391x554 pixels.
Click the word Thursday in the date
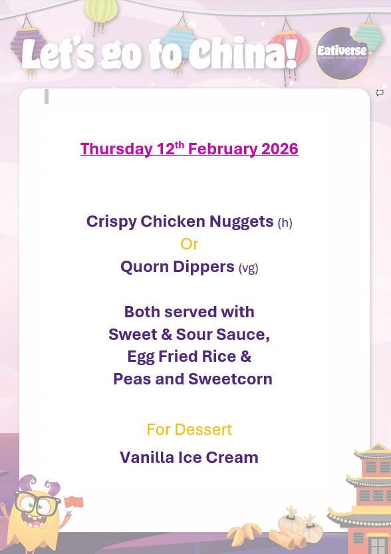click(117, 149)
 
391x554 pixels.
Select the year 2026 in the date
click(279, 149)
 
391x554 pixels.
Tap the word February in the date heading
click(222, 149)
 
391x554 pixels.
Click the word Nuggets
click(241, 221)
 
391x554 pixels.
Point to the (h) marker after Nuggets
click(285, 223)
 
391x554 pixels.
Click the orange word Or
click(190, 244)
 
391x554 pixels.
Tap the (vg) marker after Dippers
click(248, 268)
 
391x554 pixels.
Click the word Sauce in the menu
click(243, 335)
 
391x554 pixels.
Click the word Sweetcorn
click(230, 379)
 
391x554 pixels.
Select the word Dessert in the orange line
click(203, 430)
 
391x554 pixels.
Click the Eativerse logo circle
click(342, 54)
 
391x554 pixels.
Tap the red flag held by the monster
click(74, 503)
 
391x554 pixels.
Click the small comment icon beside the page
click(380, 93)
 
